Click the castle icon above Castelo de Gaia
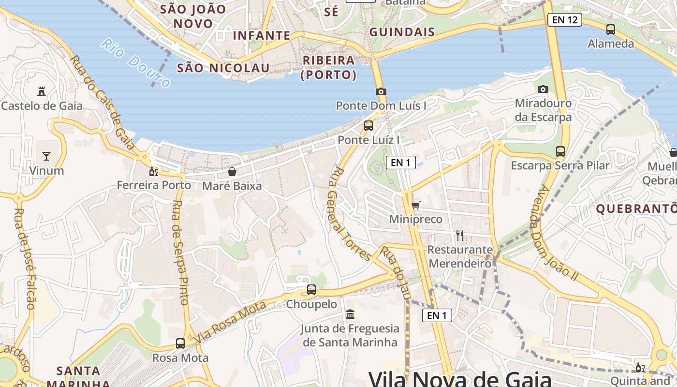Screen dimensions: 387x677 click(x=41, y=91)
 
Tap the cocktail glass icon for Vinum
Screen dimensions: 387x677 click(x=46, y=156)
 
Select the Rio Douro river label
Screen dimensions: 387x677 click(x=135, y=63)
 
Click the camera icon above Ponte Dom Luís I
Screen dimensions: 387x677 click(x=381, y=91)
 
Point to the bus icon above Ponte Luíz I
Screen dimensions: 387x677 click(x=368, y=126)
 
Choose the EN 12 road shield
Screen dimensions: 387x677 click(x=564, y=20)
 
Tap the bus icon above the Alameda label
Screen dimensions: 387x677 click(x=611, y=30)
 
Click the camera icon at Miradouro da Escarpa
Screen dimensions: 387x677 click(x=543, y=89)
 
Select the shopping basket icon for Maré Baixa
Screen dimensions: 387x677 click(x=232, y=172)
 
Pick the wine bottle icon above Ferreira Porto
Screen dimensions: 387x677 click(x=154, y=171)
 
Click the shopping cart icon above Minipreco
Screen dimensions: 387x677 click(x=416, y=205)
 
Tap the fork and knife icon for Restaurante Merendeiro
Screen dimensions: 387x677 click(x=460, y=236)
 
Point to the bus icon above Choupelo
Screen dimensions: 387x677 click(x=311, y=290)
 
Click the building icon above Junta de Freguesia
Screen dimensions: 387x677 click(x=350, y=314)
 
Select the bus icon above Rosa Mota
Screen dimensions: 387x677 click(x=180, y=343)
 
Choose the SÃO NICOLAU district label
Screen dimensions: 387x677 click(x=223, y=68)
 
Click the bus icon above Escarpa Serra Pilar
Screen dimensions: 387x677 click(x=560, y=151)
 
